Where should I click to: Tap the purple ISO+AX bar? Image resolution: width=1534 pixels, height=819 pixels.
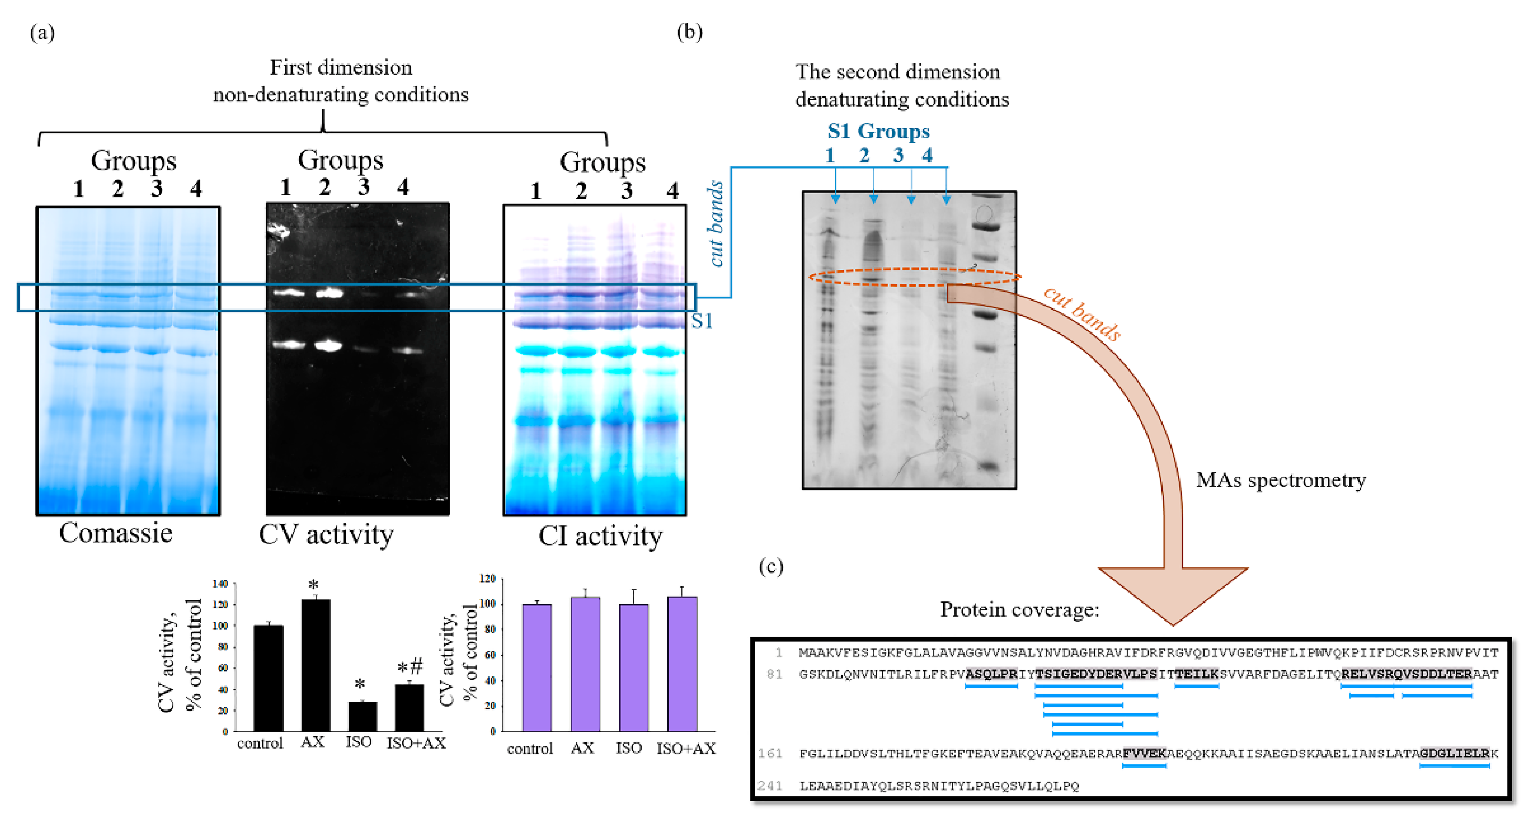tap(682, 664)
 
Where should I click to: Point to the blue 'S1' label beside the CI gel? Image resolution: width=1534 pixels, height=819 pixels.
tap(702, 321)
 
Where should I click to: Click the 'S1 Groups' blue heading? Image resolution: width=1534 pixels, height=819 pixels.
tap(878, 131)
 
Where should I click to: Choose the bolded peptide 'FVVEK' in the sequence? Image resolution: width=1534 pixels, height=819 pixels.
tap(1144, 753)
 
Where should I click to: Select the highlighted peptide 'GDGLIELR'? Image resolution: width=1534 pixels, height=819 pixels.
tap(1454, 753)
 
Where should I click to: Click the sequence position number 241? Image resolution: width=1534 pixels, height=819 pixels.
tap(769, 786)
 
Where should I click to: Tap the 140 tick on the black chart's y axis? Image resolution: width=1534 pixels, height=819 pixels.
tap(220, 584)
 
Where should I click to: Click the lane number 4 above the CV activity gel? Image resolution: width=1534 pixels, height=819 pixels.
tap(403, 187)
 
